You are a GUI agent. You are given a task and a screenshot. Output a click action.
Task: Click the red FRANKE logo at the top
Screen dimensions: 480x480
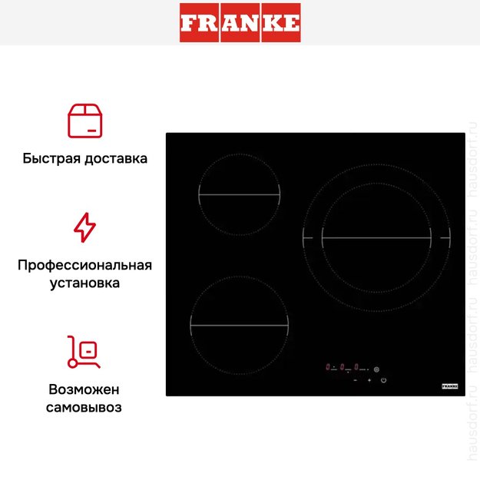[x=240, y=22]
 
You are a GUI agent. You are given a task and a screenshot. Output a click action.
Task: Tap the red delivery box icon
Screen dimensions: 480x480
[x=84, y=121]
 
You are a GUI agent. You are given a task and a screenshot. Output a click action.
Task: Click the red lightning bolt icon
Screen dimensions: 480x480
[x=84, y=228]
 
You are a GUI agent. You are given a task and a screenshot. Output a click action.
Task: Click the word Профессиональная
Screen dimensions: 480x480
[x=84, y=265]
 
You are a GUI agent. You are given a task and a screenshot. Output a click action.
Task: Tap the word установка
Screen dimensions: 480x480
[x=84, y=283]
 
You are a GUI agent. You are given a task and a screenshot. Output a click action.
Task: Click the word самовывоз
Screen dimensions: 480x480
[x=84, y=407]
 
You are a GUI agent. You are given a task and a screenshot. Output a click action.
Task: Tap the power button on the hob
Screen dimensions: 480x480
[x=383, y=380]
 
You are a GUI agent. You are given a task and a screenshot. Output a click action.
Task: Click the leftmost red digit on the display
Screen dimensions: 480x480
[x=328, y=367]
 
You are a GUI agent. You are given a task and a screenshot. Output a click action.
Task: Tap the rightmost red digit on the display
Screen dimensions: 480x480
[x=357, y=367]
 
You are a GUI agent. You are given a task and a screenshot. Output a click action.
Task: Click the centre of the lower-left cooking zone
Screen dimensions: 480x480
[x=239, y=326]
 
